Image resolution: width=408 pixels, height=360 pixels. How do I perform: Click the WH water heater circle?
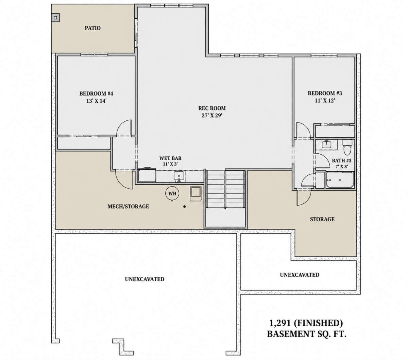tap(172, 193)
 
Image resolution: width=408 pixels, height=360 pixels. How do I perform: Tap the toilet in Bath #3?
tap(347, 147)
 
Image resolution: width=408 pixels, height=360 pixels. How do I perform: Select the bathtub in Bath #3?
tap(340, 180)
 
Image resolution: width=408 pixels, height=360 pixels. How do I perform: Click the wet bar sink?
tap(178, 176)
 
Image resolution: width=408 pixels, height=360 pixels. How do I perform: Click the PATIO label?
tap(92, 28)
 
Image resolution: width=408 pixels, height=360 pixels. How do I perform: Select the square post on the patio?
tap(55, 18)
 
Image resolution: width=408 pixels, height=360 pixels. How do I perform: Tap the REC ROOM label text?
tap(212, 108)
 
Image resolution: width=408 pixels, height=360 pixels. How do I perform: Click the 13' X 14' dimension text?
tap(96, 101)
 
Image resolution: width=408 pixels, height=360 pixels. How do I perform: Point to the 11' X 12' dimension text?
tap(325, 100)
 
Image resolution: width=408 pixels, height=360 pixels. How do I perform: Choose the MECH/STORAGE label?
tap(128, 206)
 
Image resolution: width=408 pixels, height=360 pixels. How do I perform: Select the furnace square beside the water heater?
tap(195, 194)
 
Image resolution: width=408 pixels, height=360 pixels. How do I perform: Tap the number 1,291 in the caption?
tap(280, 323)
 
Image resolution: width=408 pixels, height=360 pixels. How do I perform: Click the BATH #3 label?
tap(342, 160)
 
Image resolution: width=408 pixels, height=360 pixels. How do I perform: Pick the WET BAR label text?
tap(170, 158)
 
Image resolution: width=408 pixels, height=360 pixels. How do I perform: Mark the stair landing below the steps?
tap(225, 218)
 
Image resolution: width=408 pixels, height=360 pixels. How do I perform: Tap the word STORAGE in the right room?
tap(322, 219)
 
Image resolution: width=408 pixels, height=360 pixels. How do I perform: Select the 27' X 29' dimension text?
tap(212, 115)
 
